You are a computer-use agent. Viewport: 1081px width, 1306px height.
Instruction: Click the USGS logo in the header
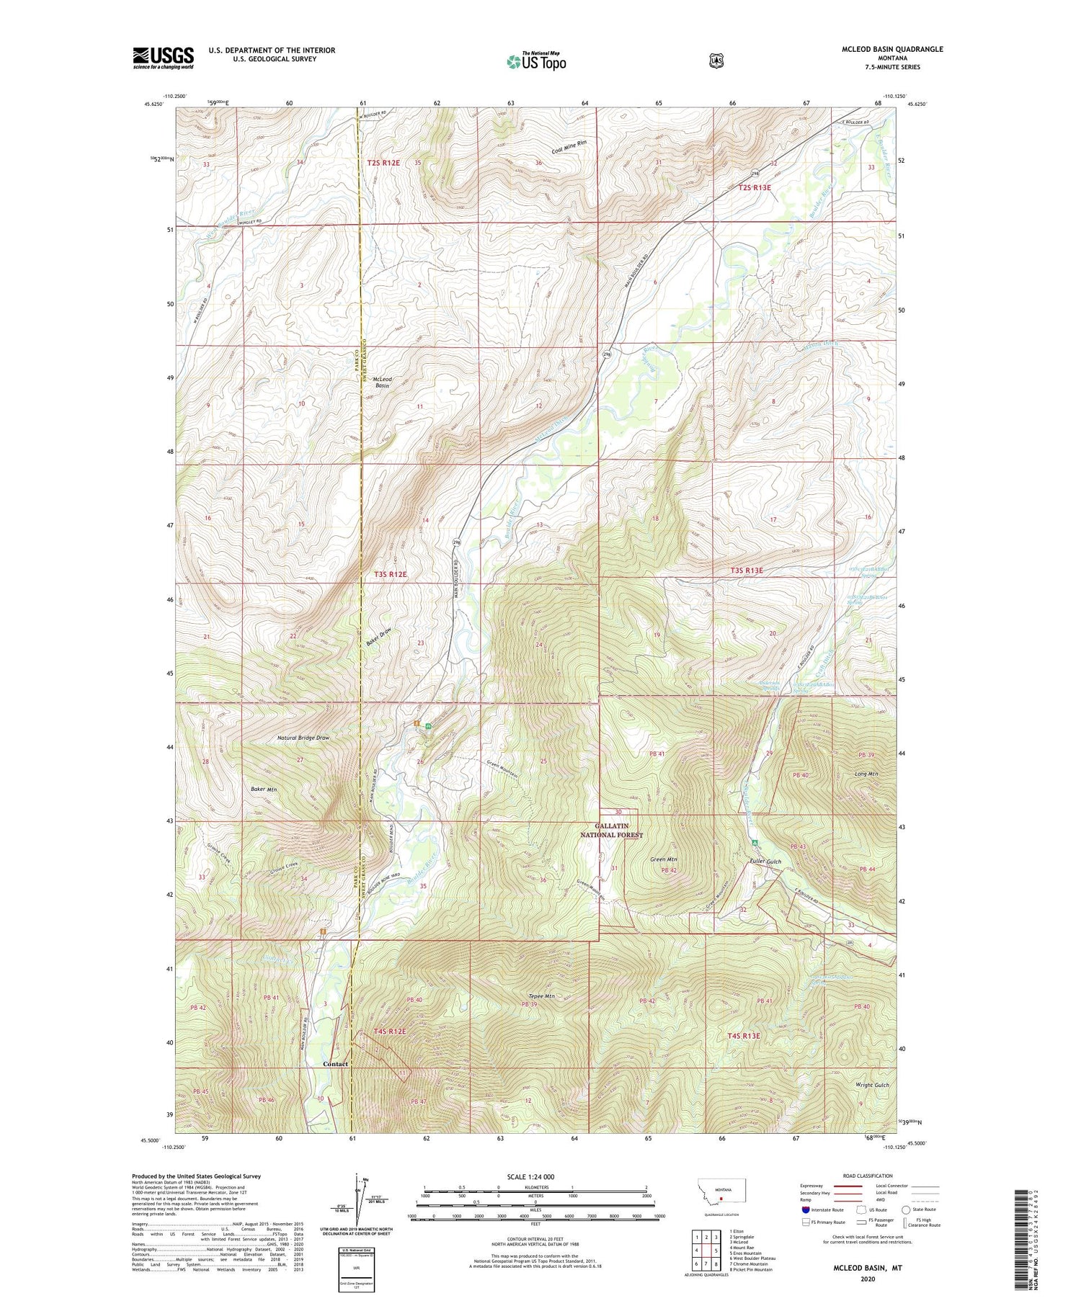point(163,58)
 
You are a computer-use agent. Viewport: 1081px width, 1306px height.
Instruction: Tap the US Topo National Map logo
point(536,61)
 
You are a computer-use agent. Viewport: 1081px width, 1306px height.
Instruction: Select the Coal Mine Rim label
point(569,146)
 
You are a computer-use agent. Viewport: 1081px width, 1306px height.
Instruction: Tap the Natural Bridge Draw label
point(303,738)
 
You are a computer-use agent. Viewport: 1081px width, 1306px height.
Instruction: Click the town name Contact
point(335,1064)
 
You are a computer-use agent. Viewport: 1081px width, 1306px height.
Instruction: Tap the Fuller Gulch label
point(765,862)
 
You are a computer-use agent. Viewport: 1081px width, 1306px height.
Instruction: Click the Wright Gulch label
point(872,1085)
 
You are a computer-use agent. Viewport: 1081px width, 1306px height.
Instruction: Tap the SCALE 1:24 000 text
point(530,1176)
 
